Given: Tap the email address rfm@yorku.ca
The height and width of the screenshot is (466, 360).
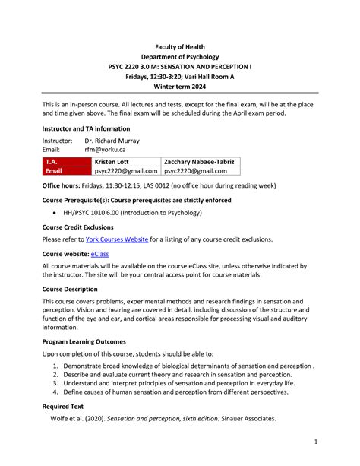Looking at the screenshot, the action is point(106,151).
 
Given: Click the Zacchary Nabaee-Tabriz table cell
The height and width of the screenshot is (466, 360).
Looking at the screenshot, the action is point(200,162).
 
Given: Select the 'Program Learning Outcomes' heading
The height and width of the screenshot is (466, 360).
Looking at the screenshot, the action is point(84,342).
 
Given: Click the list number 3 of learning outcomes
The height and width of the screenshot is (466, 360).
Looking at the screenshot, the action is point(55,384).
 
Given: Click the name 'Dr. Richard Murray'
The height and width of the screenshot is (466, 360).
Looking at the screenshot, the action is point(112,141).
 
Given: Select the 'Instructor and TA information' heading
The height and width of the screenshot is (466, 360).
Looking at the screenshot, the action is point(86,129).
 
